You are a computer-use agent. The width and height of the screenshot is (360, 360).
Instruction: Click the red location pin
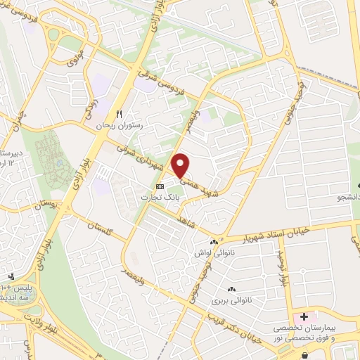181,165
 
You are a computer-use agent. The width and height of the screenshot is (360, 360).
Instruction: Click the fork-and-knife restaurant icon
120,114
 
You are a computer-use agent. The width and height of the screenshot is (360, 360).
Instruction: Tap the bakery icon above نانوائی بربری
231,289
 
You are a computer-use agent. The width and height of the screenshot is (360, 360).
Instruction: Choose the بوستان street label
44,204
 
